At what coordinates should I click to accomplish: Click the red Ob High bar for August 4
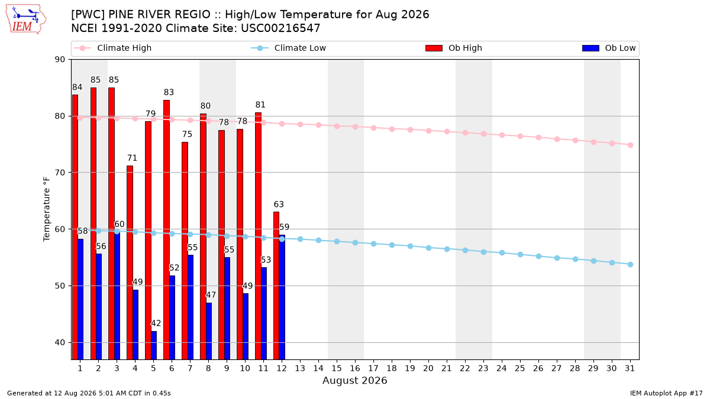pos(130,262)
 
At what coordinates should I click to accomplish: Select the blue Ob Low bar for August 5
pos(154,345)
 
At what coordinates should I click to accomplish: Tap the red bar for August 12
pos(276,286)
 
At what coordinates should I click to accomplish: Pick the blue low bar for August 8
pos(209,331)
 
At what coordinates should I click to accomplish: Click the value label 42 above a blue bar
pos(156,323)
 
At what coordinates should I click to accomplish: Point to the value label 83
pos(169,92)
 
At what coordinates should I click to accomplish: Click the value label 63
pos(279,205)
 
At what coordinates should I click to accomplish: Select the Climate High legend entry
pos(112,48)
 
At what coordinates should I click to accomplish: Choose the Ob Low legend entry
pos(609,48)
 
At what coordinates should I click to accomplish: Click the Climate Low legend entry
pos(289,48)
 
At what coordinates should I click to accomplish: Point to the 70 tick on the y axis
pos(60,173)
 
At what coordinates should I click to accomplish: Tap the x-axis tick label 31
pos(630,368)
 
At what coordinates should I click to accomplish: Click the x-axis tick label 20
pos(428,368)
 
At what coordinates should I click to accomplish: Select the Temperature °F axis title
pos(47,209)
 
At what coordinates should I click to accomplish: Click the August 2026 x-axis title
pos(354,380)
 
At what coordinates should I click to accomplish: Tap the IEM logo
pos(25,20)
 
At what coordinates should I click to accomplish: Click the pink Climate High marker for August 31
pos(630,145)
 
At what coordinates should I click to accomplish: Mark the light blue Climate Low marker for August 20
pos(428,248)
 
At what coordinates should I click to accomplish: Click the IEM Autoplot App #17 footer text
pos(666,393)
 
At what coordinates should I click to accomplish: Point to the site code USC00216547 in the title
pos(280,28)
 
